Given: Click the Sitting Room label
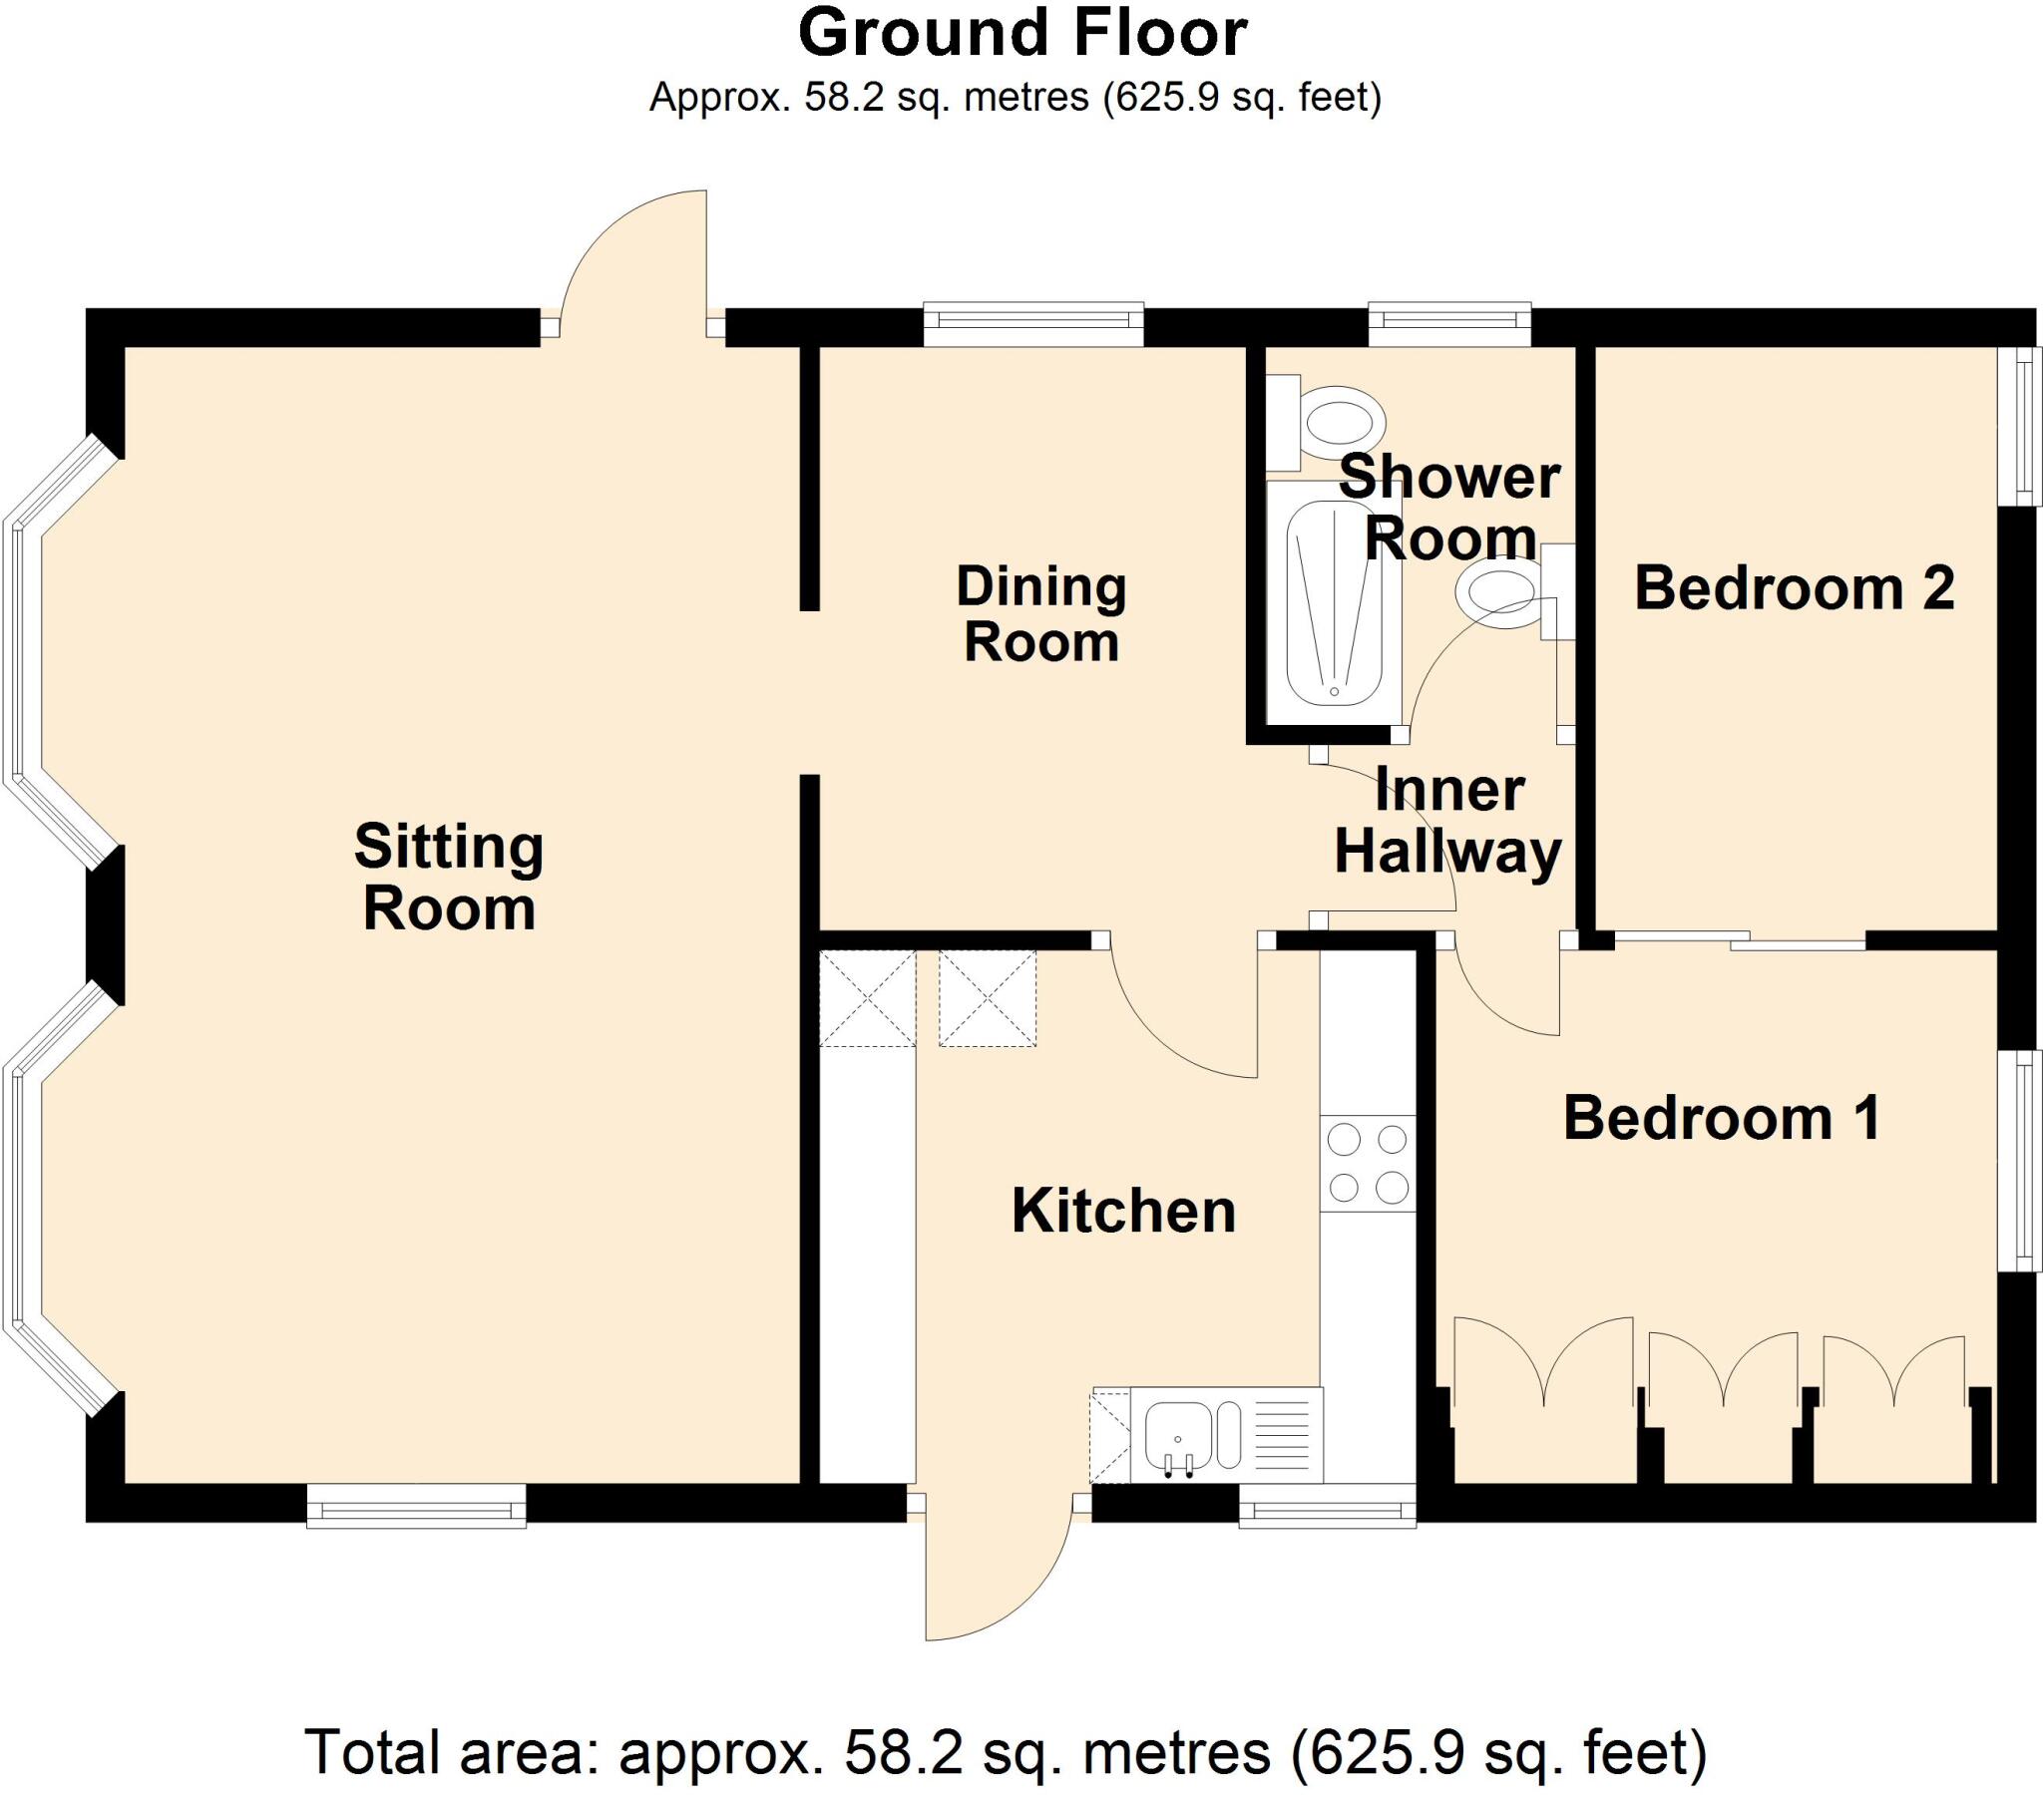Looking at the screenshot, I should (x=449, y=877).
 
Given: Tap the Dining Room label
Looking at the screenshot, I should (x=1040, y=613).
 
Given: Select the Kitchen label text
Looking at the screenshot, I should (x=1123, y=1211).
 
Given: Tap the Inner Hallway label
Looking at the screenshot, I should (x=1448, y=821).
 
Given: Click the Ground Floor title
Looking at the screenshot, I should (x=1021, y=33).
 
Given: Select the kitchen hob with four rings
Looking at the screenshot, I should (x=1368, y=1164).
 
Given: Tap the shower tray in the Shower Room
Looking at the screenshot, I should (x=1334, y=601).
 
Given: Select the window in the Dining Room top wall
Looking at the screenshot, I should (x=1032, y=323).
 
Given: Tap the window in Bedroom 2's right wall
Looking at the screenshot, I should (x=2024, y=425).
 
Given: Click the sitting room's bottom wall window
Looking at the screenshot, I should (x=416, y=1505).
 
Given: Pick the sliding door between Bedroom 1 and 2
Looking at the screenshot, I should (x=1739, y=938).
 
